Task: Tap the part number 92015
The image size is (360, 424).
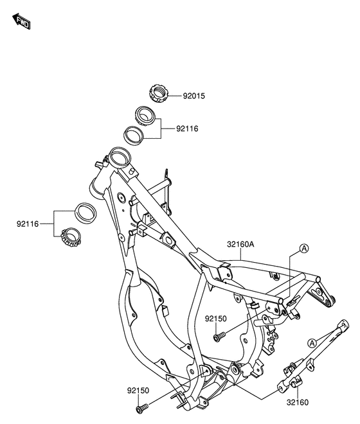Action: click(x=194, y=96)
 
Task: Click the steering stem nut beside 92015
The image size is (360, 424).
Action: click(x=158, y=92)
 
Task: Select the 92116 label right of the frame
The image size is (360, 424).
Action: click(x=187, y=128)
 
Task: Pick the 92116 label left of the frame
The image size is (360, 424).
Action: click(x=28, y=224)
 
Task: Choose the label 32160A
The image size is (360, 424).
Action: click(x=240, y=244)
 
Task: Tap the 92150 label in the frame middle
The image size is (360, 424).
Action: click(x=217, y=319)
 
